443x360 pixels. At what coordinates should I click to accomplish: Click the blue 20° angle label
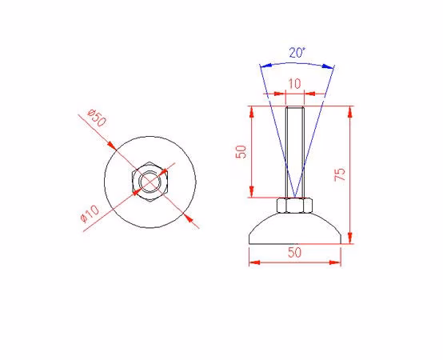click(x=297, y=53)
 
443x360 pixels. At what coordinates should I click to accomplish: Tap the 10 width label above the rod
click(x=294, y=84)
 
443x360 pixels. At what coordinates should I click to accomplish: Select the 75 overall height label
click(x=340, y=174)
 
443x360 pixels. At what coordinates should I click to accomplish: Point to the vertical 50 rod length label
click(x=241, y=152)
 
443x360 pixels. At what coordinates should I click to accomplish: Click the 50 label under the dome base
click(x=295, y=252)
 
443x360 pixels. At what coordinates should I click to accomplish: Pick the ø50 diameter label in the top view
click(x=97, y=118)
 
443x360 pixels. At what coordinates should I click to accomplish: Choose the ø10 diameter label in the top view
click(x=90, y=214)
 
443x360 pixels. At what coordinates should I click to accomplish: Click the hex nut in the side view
click(x=294, y=205)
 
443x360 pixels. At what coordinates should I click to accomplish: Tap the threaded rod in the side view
click(x=295, y=152)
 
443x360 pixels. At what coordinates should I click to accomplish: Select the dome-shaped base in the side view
click(x=295, y=228)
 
